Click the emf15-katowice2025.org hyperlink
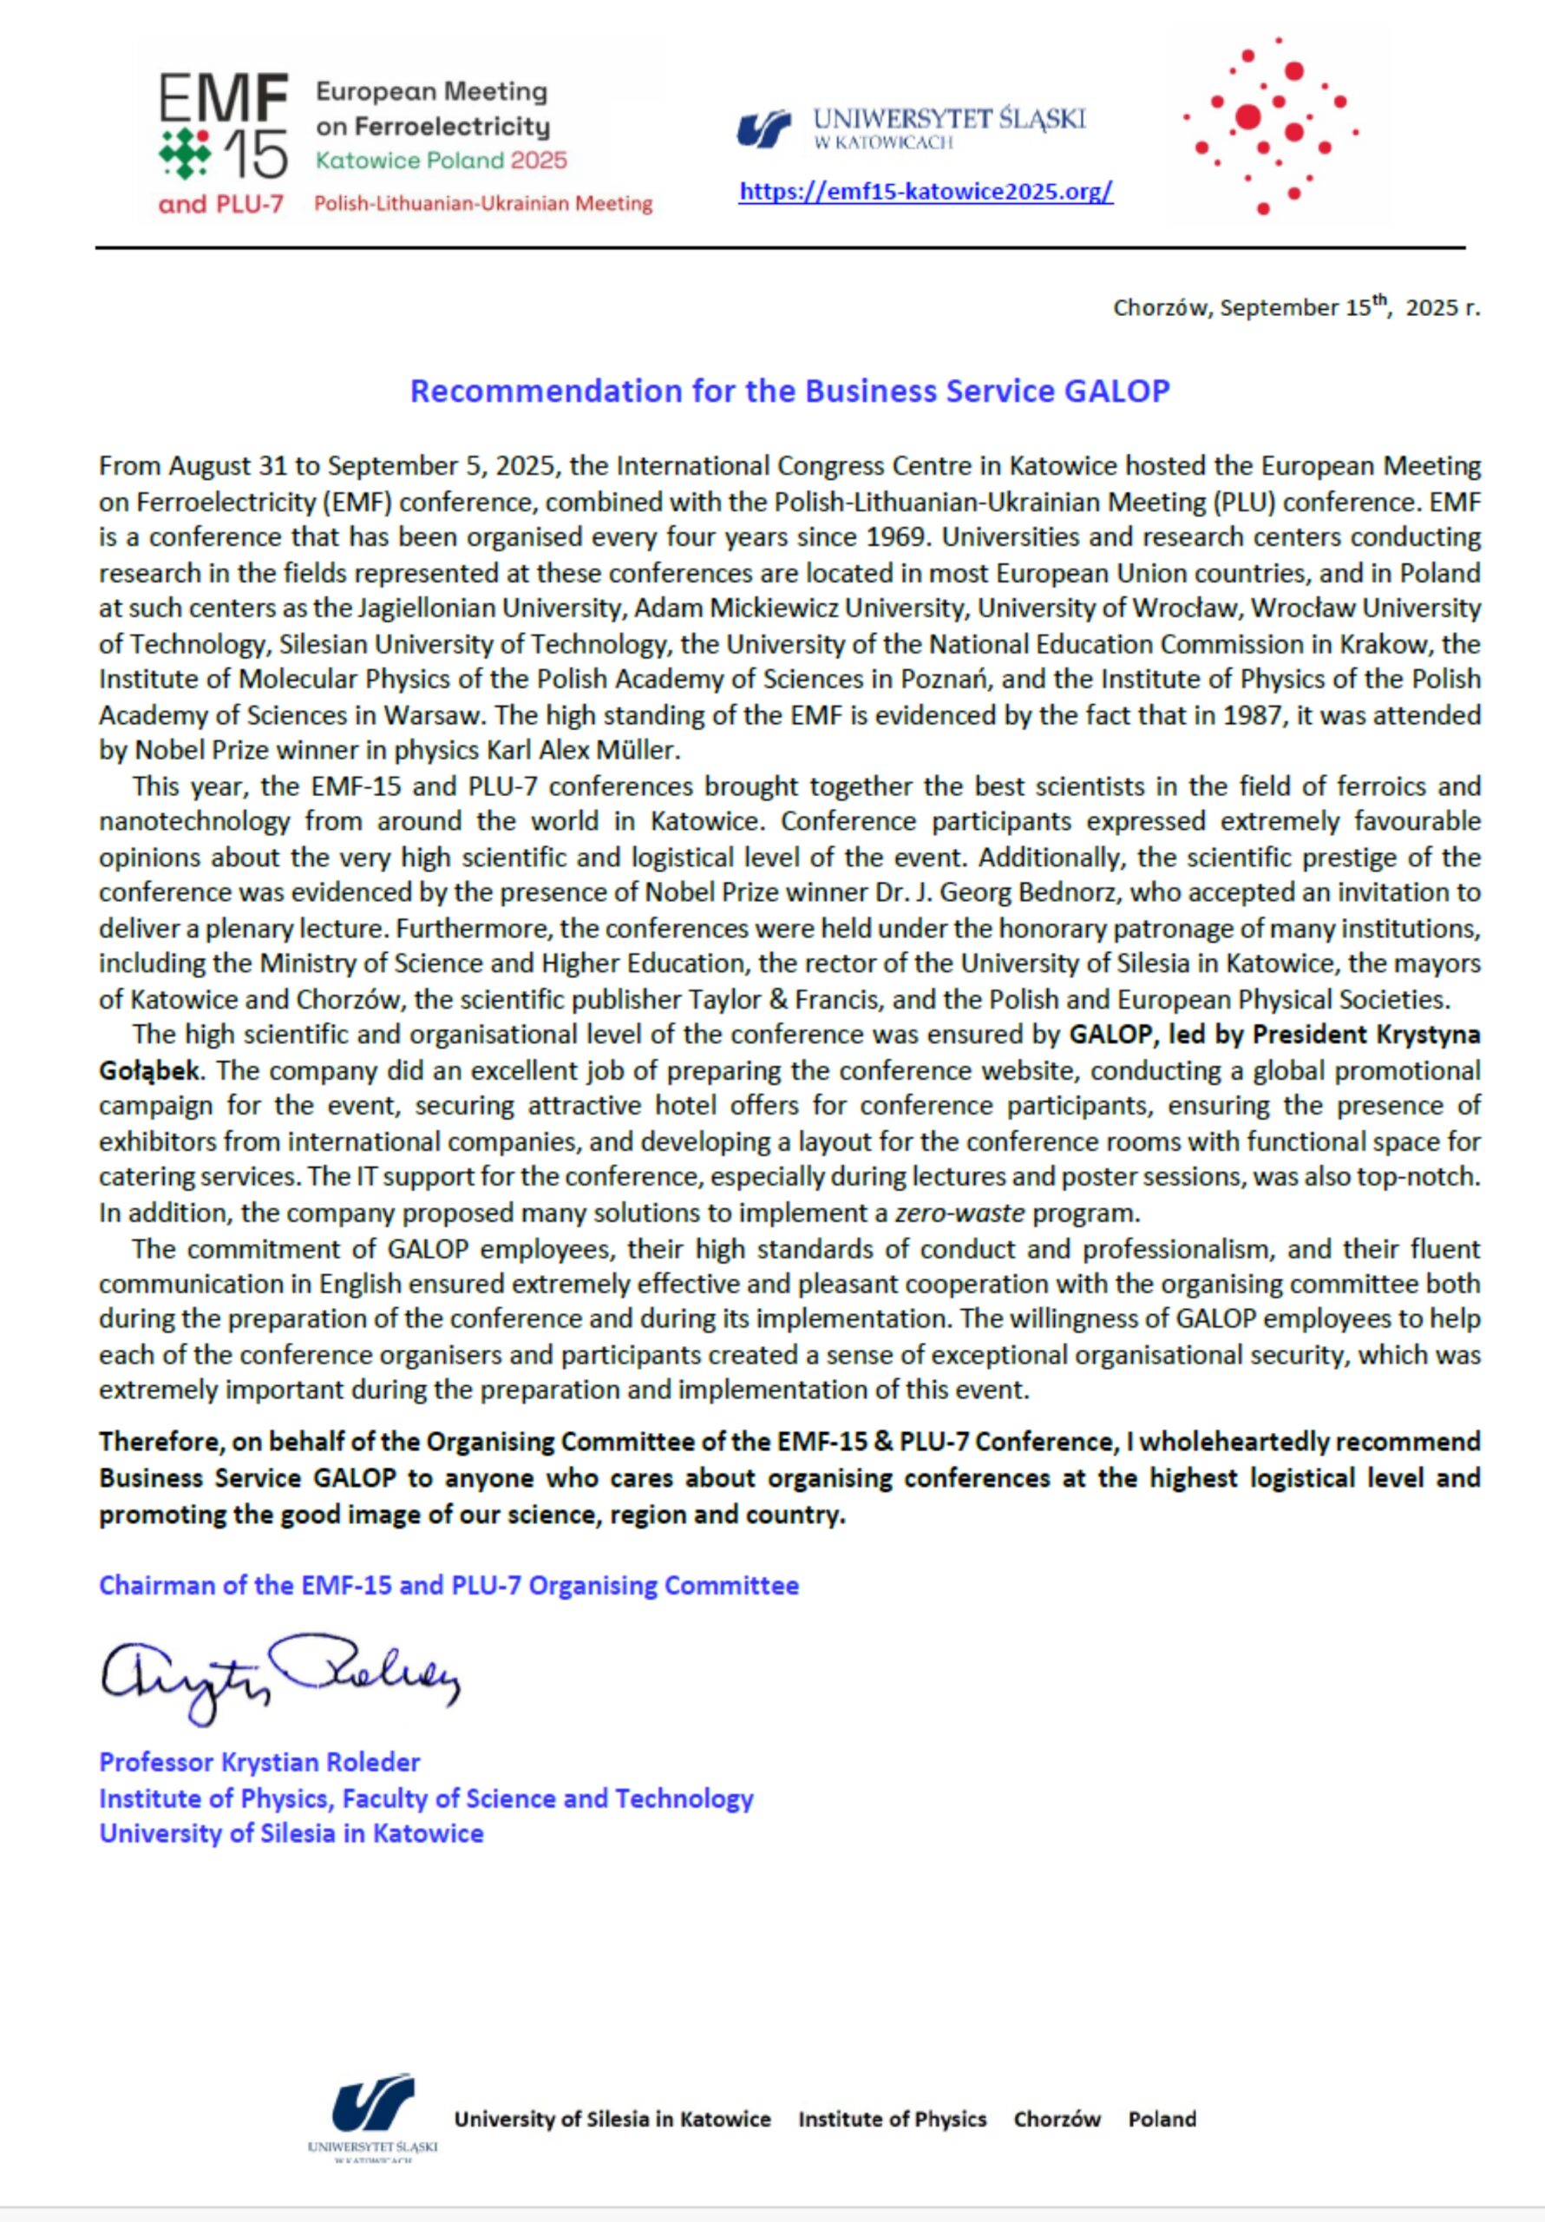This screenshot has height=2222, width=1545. point(925,192)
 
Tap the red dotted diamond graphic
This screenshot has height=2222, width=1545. point(1268,127)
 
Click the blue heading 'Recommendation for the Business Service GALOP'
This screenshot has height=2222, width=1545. point(789,391)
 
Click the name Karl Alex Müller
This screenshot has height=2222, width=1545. point(586,751)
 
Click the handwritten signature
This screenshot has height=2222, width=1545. point(279,1677)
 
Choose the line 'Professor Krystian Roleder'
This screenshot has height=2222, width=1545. point(259,1761)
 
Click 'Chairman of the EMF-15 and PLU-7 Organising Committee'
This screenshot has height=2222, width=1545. point(448,1585)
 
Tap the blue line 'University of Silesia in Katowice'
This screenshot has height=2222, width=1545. point(291,1833)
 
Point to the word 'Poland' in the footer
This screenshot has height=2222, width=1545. point(1161,2120)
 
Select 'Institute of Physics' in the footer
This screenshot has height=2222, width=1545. point(892,2120)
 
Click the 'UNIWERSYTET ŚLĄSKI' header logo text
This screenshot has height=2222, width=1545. point(948,120)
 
